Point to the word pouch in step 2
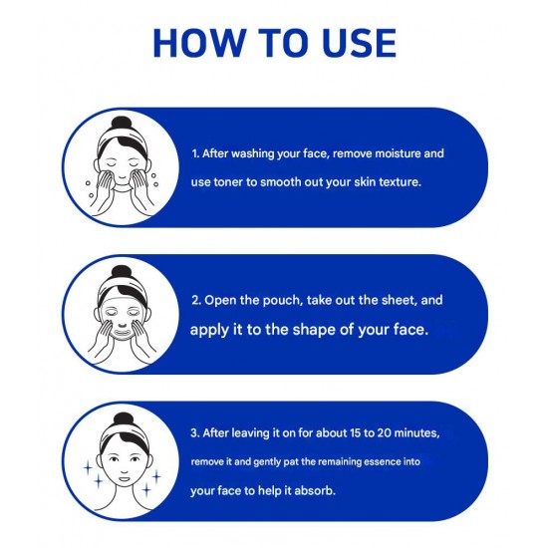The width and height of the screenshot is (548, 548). click(x=282, y=301)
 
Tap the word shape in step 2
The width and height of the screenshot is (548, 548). click(x=313, y=330)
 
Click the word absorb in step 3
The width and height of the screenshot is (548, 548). click(x=315, y=490)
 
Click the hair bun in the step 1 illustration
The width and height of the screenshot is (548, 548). click(x=121, y=124)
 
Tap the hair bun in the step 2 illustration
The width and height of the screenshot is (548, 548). click(x=121, y=273)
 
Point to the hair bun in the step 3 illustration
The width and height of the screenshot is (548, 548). click(x=123, y=419)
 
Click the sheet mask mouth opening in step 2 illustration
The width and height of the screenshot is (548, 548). click(x=123, y=330)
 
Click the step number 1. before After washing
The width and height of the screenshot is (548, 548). click(x=195, y=153)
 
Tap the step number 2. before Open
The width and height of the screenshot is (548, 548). click(x=196, y=300)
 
